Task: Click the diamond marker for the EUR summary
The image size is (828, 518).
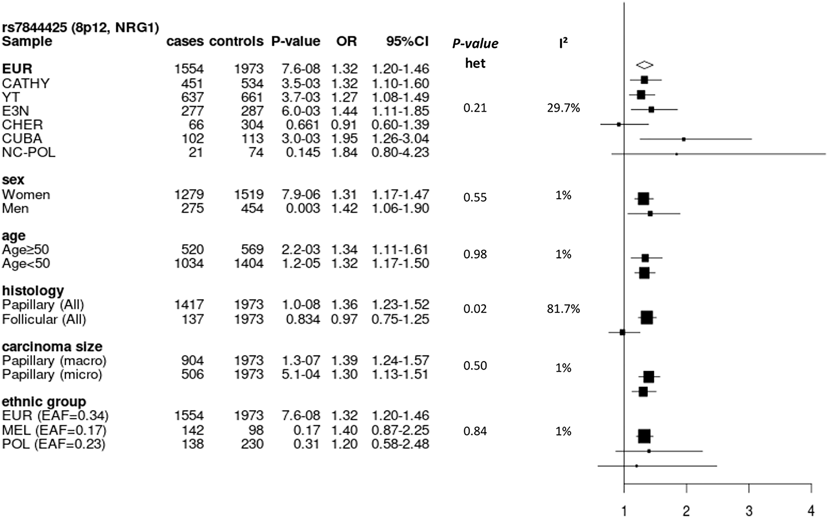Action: tap(645, 65)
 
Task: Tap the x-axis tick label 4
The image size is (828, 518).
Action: tap(811, 511)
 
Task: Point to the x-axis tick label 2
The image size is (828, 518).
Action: tap(686, 511)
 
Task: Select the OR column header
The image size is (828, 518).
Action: tap(347, 41)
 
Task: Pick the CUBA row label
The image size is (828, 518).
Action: tap(22, 139)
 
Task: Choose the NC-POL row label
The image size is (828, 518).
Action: tap(29, 153)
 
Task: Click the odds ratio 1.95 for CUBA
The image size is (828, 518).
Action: tap(344, 139)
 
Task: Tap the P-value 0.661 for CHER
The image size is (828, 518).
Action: tap(303, 125)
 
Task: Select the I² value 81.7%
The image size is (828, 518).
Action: tap(563, 309)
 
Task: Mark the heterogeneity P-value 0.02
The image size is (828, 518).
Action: tap(475, 309)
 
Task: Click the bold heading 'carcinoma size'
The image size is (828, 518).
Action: tap(52, 347)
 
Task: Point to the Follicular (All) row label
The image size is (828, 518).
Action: tap(44, 319)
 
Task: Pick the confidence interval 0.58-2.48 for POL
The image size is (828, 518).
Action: tap(400, 444)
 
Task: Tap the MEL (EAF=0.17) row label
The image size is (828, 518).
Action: tap(54, 430)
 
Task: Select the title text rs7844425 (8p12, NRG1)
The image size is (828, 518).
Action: tap(80, 28)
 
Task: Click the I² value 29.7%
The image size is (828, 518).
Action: tap(563, 108)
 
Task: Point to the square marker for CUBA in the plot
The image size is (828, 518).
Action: tap(684, 139)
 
